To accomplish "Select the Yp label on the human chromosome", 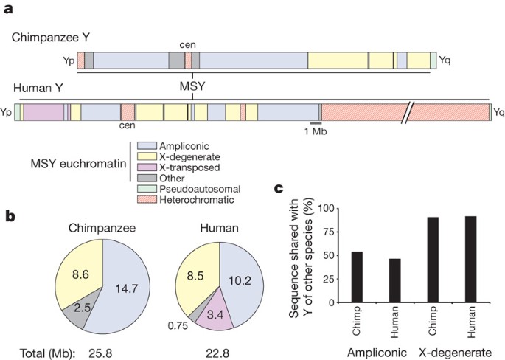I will [7, 113].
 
